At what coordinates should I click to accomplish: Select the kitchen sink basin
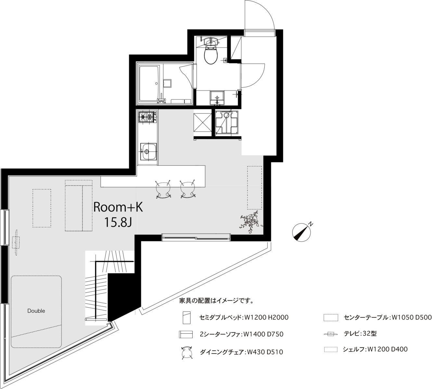tap(148, 151)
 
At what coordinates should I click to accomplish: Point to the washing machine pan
tap(226, 122)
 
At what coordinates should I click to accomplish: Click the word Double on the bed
tap(36, 311)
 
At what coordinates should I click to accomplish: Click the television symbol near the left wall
tap(16, 242)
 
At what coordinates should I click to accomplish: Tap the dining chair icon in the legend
tap(187, 352)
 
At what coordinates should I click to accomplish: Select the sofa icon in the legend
tap(186, 334)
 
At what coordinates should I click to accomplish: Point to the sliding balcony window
tap(196, 237)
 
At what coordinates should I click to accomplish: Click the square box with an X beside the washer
tap(202, 123)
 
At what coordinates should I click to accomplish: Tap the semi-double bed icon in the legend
tap(186, 318)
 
